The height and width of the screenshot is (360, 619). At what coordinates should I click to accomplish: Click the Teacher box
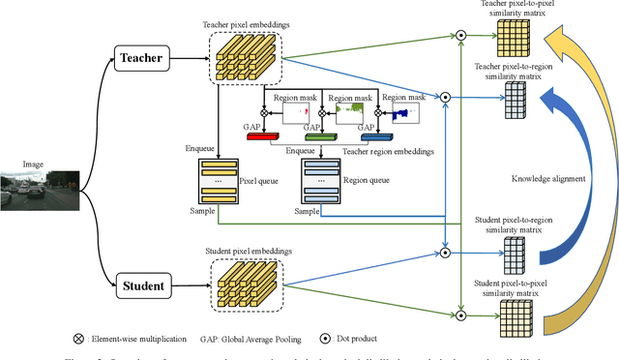coord(140,59)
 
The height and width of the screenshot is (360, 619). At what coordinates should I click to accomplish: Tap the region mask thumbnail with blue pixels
coord(407,112)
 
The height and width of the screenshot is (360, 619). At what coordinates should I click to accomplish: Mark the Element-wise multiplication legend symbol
coord(77,339)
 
